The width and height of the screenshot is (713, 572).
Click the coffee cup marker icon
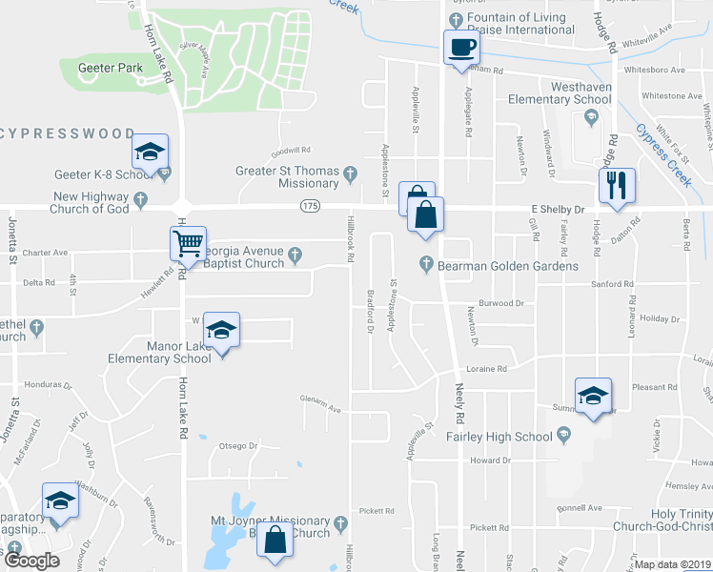461,47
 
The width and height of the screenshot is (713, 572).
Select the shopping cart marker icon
188,243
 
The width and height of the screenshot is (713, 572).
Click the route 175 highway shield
309,206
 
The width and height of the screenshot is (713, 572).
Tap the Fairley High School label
499,437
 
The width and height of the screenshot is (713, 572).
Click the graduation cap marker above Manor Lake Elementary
221,330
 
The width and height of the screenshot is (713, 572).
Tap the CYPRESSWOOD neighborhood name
68,133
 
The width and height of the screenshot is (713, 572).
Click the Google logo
31,561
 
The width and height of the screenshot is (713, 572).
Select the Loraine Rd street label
486,368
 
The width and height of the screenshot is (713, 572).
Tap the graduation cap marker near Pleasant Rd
593,396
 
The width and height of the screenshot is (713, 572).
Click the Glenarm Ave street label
320,404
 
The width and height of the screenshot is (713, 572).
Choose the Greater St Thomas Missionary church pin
351,173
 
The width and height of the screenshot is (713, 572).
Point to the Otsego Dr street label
239,445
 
